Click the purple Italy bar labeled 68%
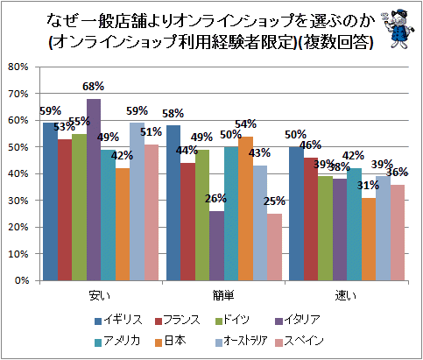94,190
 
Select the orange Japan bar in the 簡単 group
245,208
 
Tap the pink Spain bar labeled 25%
274,247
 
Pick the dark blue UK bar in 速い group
296,214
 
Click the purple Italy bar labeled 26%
217,246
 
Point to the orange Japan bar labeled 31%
369,239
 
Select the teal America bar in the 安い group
109,215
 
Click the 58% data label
173,113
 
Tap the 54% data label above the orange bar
246,124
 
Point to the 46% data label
311,145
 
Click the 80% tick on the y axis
18,67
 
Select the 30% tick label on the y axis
18,201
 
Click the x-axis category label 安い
100,296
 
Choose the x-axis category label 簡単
223,296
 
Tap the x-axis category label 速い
346,296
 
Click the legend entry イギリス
119,321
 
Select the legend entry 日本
171,341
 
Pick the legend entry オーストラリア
242,341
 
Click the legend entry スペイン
300,341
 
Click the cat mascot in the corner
398,29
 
